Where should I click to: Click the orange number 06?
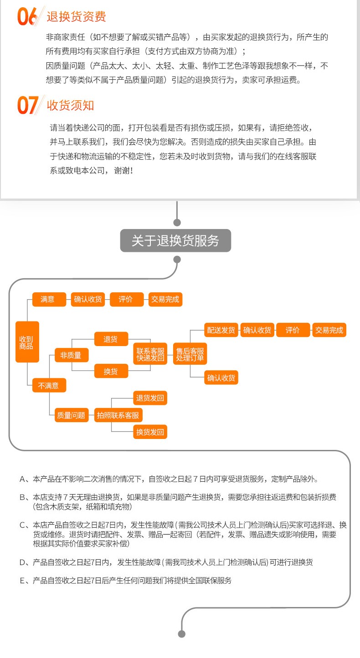tap(27, 16)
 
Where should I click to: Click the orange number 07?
tap(27, 105)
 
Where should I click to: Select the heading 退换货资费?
tap(76, 17)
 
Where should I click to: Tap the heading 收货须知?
tap(70, 105)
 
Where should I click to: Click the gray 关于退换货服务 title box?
tap(175, 240)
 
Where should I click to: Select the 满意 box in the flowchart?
tap(47, 299)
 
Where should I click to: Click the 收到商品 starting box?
tap(27, 342)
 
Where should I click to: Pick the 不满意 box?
tap(48, 386)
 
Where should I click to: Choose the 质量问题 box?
tap(71, 415)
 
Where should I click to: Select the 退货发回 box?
tap(150, 398)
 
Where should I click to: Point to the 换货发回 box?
tap(150, 432)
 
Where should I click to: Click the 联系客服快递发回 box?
tap(150, 355)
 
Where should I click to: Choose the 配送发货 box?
tap(221, 330)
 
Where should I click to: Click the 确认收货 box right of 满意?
tap(88, 299)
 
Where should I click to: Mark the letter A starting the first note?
tap(22, 479)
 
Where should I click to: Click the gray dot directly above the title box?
tap(177, 222)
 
